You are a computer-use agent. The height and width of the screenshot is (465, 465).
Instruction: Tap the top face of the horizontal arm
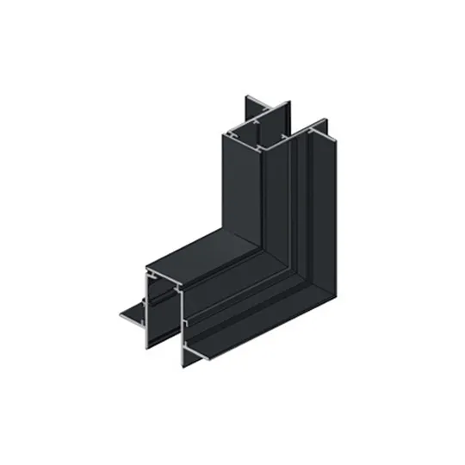click(202, 251)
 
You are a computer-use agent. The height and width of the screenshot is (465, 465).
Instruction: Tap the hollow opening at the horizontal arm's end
click(164, 301)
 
